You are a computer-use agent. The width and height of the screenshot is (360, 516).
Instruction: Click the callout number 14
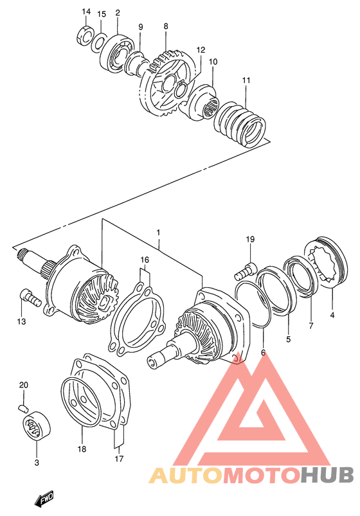[x=86, y=12]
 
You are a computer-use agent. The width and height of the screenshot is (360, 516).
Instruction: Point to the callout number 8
[x=165, y=26]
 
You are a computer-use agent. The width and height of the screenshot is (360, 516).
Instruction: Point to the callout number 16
[x=145, y=260]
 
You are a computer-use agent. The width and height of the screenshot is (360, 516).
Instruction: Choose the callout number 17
[x=117, y=458]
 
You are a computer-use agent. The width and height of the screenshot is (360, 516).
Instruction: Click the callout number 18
[x=82, y=449]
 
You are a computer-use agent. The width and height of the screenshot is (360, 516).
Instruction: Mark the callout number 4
[x=332, y=315]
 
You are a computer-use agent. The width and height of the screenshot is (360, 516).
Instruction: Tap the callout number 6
[x=262, y=352]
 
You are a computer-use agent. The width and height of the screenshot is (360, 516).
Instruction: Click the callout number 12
[x=201, y=49]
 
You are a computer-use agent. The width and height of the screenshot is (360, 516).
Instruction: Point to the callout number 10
[x=213, y=62]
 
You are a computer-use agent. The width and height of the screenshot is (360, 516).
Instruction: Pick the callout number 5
[x=288, y=339]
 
